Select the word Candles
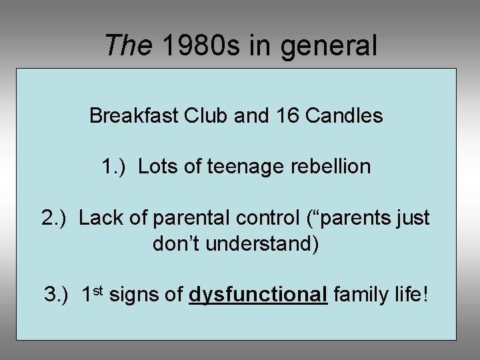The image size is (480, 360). (344, 116)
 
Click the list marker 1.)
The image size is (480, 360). (116, 167)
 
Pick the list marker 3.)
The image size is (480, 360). (59, 295)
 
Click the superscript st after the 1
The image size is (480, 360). (97, 290)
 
